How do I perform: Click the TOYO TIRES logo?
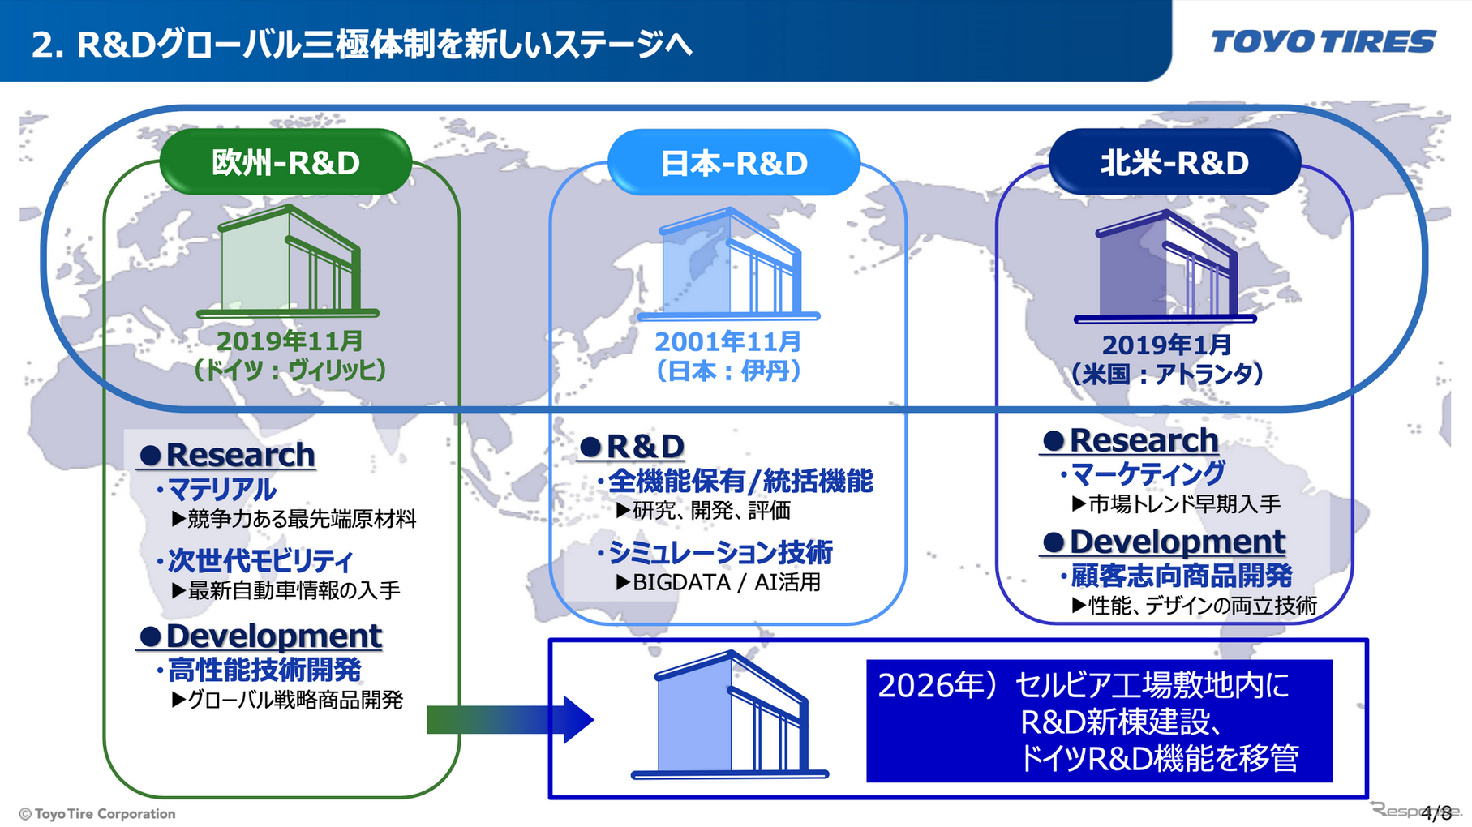(1322, 41)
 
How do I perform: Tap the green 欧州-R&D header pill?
(285, 163)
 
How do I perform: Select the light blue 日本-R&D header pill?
(734, 163)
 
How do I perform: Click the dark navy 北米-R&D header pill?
(1174, 163)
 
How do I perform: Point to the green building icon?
(288, 261)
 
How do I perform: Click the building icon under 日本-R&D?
(729, 264)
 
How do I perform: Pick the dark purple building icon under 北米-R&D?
(1166, 267)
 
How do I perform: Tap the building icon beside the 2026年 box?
(730, 715)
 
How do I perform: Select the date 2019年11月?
(289, 341)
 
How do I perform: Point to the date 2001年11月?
(727, 342)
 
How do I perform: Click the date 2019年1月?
(1166, 345)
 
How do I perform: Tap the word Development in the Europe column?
(273, 636)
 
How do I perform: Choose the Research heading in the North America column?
(1144, 441)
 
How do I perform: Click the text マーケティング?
(1148, 473)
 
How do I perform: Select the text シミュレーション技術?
(720, 553)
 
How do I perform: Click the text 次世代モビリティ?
(260, 561)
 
